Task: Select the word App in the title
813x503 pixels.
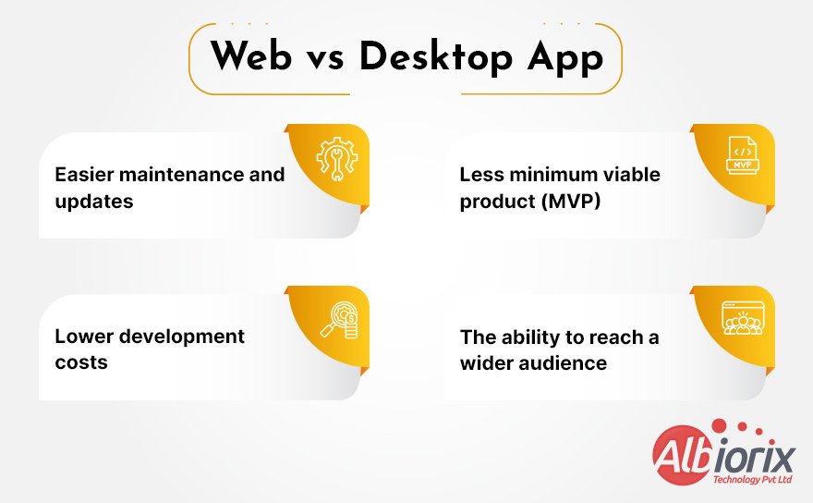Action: (566, 57)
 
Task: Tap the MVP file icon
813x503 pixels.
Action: (742, 155)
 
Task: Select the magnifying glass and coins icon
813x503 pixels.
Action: (338, 320)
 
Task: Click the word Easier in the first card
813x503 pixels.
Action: (85, 175)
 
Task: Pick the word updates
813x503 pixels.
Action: (94, 201)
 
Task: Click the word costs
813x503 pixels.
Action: (81, 362)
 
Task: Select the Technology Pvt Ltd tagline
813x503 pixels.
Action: (751, 480)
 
